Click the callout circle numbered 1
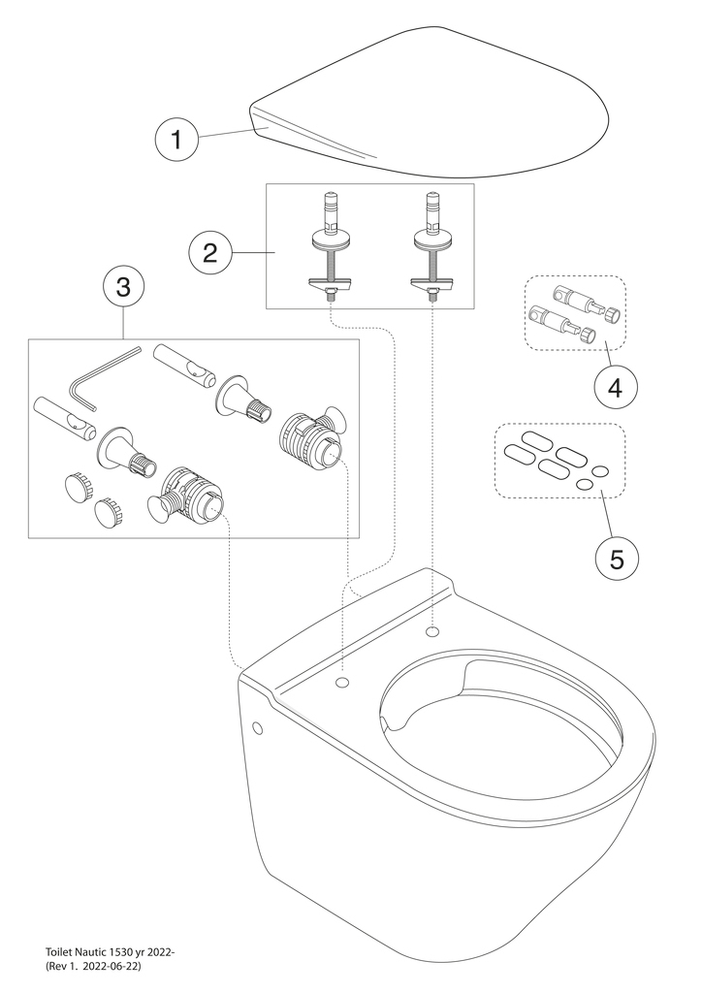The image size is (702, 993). pyautogui.click(x=175, y=140)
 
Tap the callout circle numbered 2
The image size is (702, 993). pyautogui.click(x=209, y=253)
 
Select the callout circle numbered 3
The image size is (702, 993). pyautogui.click(x=123, y=288)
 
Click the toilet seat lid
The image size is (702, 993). pyautogui.click(x=436, y=107)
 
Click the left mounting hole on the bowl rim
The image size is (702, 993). pyautogui.click(x=340, y=684)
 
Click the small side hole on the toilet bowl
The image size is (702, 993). pyautogui.click(x=258, y=728)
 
